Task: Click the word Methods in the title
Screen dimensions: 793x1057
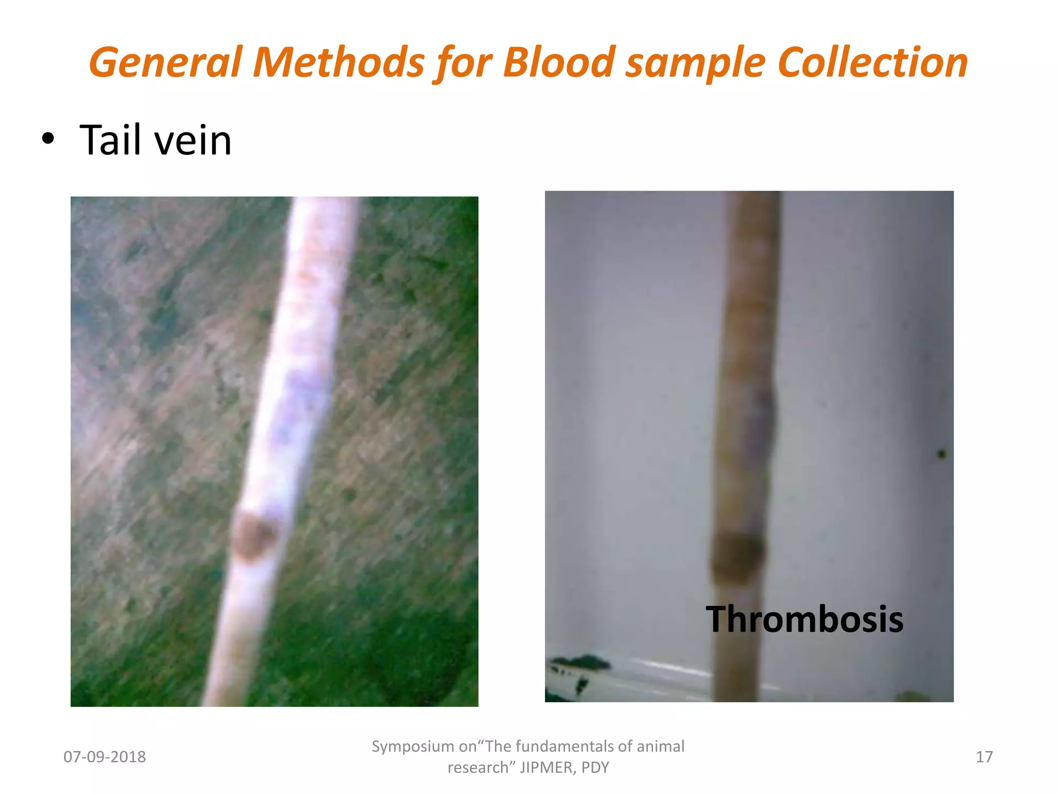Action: pyautogui.click(x=339, y=62)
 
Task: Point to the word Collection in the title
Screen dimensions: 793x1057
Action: pyautogui.click(x=872, y=62)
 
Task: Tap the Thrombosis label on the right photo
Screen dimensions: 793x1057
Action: pyautogui.click(x=804, y=619)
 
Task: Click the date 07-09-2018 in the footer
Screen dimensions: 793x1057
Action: pyautogui.click(x=104, y=757)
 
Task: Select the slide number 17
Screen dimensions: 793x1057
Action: pyautogui.click(x=984, y=757)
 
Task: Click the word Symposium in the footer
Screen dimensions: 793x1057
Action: pyautogui.click(x=412, y=747)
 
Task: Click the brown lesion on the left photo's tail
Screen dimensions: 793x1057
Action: pyautogui.click(x=254, y=536)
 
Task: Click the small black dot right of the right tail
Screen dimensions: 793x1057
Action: pyautogui.click(x=941, y=454)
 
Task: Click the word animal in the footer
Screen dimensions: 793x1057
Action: pyautogui.click(x=660, y=747)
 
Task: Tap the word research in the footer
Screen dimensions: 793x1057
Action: pyautogui.click(x=481, y=768)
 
